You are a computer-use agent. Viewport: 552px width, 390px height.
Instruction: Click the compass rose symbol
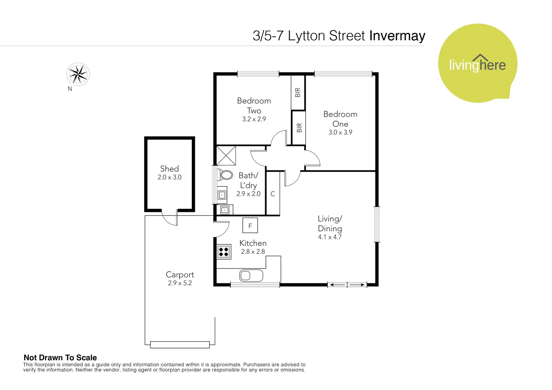[78, 74]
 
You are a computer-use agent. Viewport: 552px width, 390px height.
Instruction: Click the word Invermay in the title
[397, 36]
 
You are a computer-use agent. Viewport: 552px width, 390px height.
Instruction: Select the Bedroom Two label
[254, 105]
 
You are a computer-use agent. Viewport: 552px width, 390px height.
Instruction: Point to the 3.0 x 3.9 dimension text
[340, 133]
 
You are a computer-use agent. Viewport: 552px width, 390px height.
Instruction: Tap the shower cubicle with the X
[226, 156]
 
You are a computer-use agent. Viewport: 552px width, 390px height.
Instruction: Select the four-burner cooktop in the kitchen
[224, 252]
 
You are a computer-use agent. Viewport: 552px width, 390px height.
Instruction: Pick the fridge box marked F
[250, 226]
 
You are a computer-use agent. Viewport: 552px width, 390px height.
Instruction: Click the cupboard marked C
[273, 194]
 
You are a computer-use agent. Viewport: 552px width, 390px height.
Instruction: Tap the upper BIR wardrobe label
[298, 92]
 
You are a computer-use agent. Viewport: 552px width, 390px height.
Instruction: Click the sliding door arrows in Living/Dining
[347, 285]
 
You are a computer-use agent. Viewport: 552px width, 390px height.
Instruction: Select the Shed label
[169, 169]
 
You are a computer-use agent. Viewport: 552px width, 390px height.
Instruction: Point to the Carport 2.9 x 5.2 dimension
[180, 283]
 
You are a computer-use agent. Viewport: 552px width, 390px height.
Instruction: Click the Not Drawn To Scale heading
[60, 357]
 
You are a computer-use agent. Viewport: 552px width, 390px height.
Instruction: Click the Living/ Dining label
[330, 224]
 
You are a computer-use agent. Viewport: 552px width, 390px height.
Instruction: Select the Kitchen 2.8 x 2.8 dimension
[253, 252]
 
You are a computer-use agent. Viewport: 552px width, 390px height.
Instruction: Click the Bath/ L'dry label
[249, 180]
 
